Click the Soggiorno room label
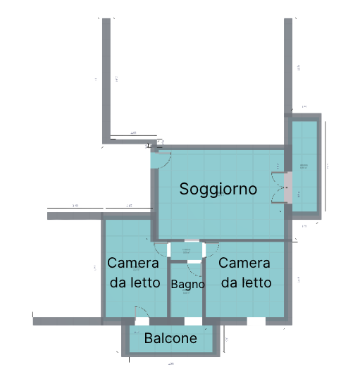coord(217,189)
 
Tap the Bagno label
coord(187,285)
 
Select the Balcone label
coord(170,339)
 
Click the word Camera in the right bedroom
coord(244,263)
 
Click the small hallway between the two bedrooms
coord(186,250)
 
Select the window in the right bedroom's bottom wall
coord(256,321)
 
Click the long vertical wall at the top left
coord(107,77)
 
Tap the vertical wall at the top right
coord(287,63)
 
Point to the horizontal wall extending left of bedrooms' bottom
coord(67,321)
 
